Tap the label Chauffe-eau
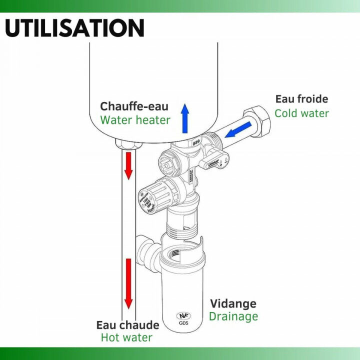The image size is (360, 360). pyautogui.click(x=134, y=106)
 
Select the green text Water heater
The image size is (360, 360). pyautogui.click(x=135, y=120)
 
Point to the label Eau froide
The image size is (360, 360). pyautogui.click(x=301, y=99)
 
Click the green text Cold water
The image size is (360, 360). pyautogui.click(x=301, y=113)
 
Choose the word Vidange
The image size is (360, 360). pyautogui.click(x=233, y=303)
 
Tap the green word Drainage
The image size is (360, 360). pyautogui.click(x=233, y=316)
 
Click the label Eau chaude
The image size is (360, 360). pyautogui.click(x=127, y=325)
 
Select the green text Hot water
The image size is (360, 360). pyautogui.click(x=126, y=338)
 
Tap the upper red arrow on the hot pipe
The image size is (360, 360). pyautogui.click(x=128, y=165)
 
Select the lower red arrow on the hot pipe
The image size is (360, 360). pyautogui.click(x=128, y=282)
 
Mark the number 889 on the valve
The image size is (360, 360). pyautogui.click(x=197, y=142)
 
